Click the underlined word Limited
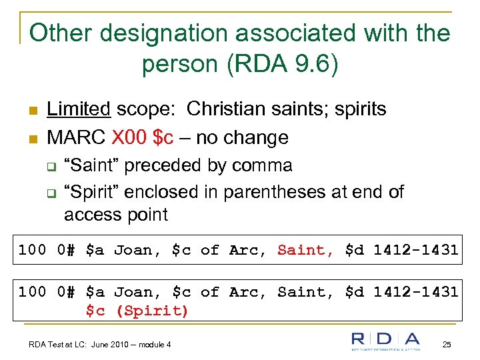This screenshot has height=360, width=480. pyautogui.click(x=78, y=109)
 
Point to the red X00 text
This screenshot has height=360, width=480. pyautogui.click(x=130, y=137)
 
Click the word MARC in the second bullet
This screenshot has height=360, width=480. pyautogui.click(x=75, y=137)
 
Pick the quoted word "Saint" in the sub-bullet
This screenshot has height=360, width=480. pyautogui.click(x=91, y=165)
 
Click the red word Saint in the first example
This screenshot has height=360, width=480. pyautogui.click(x=305, y=250)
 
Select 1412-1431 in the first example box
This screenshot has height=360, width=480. pyautogui.click(x=415, y=250)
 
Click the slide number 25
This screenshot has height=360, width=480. pyautogui.click(x=447, y=344)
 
